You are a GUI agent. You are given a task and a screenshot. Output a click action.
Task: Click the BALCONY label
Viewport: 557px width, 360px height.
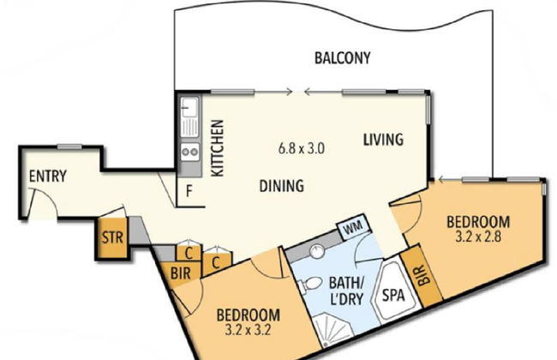pos(343,58)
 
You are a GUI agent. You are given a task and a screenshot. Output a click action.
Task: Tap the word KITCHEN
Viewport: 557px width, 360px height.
pos(217,147)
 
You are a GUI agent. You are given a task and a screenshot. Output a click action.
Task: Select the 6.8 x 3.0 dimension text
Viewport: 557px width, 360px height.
pos(302,147)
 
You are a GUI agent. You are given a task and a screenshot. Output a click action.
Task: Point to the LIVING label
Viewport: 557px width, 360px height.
pos(383,139)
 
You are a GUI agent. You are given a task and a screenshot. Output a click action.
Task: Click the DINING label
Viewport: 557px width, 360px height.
pos(282,185)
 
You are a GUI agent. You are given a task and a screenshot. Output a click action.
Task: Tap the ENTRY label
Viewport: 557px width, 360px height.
pos(48,176)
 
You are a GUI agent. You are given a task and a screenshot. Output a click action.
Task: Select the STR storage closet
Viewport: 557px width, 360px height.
pos(112,237)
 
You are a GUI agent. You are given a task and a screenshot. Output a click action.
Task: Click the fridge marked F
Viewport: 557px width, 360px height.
pos(189,191)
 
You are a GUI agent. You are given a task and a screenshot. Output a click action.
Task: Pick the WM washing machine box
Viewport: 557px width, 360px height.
pos(353,226)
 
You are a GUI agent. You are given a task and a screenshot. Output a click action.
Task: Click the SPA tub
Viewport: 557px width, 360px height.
pos(394,293)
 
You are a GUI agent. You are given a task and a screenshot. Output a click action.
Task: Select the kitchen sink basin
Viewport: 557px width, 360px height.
pos(189,106)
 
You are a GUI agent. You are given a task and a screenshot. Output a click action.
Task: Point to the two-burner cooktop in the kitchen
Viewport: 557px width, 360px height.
pos(190,152)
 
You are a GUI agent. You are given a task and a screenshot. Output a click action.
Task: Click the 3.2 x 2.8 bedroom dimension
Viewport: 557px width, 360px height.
pos(478,237)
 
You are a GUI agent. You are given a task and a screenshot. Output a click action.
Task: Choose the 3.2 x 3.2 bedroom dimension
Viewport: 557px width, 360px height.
pos(248,330)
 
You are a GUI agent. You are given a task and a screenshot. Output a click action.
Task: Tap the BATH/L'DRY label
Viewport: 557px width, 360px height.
pos(346,291)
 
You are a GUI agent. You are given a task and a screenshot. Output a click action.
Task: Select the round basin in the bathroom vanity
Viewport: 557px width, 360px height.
pos(317,251)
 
